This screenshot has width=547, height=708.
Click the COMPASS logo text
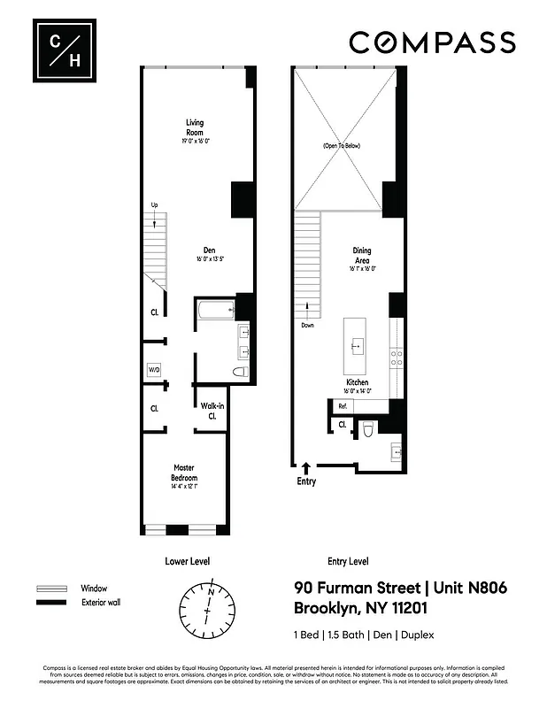click(432, 42)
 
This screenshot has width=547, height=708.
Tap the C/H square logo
click(61, 50)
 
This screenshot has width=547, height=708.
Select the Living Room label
click(195, 127)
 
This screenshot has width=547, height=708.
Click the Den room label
click(209, 254)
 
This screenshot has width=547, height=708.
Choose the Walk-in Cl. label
click(212, 410)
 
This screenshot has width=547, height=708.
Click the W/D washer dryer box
click(154, 369)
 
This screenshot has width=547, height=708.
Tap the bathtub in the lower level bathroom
click(215, 311)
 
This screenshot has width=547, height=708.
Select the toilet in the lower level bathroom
click(239, 373)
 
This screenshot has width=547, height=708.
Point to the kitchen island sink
click(358, 343)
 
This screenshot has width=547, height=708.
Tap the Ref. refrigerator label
click(342, 405)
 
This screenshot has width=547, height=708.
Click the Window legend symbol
click(51, 589)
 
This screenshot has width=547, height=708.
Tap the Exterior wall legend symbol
click(51, 603)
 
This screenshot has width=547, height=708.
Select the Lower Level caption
click(188, 561)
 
